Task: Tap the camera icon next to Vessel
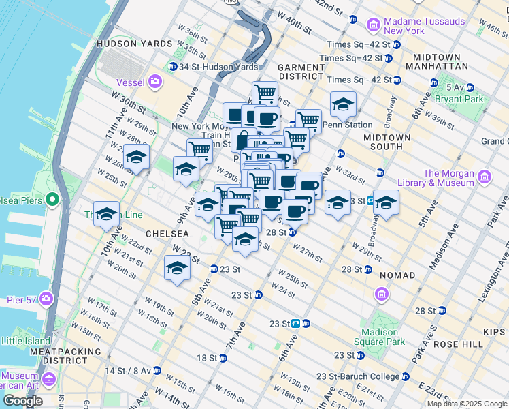click(x=156, y=82)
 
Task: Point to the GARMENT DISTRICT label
click(x=301, y=72)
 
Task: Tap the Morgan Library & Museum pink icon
click(x=484, y=178)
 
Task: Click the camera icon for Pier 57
click(x=46, y=299)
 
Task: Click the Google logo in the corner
click(x=22, y=401)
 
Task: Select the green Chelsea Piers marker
click(x=52, y=200)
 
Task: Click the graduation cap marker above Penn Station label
click(x=344, y=104)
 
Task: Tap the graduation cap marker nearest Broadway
click(x=386, y=202)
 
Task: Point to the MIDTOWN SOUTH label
click(x=387, y=142)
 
